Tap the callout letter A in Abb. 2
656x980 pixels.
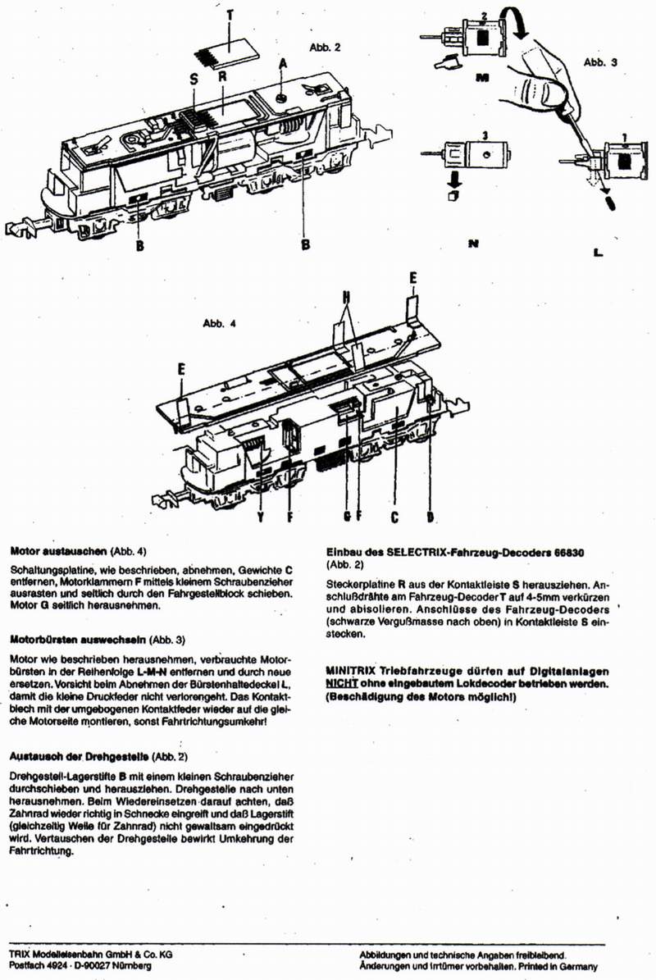click(x=283, y=62)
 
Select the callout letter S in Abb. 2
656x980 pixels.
click(x=194, y=79)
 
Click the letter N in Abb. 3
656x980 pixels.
click(x=472, y=244)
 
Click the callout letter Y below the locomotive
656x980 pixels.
click(x=260, y=517)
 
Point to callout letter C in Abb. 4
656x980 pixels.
click(x=394, y=517)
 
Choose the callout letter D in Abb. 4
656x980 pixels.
click(x=430, y=517)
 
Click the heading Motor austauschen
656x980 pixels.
click(x=54, y=551)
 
